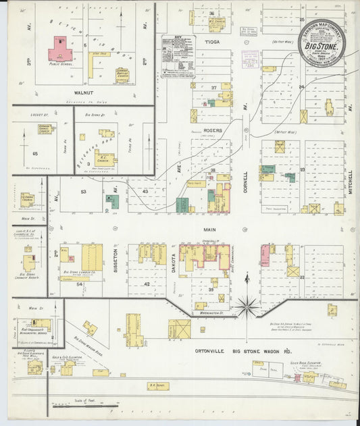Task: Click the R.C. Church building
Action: [x=105, y=160]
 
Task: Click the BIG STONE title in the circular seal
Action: [x=322, y=48]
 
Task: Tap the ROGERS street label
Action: [x=212, y=122]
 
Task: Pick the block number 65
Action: [x=35, y=155]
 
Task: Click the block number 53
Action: [x=83, y=192]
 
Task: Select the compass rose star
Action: [x=247, y=307]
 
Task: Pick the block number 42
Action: [x=147, y=284]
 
